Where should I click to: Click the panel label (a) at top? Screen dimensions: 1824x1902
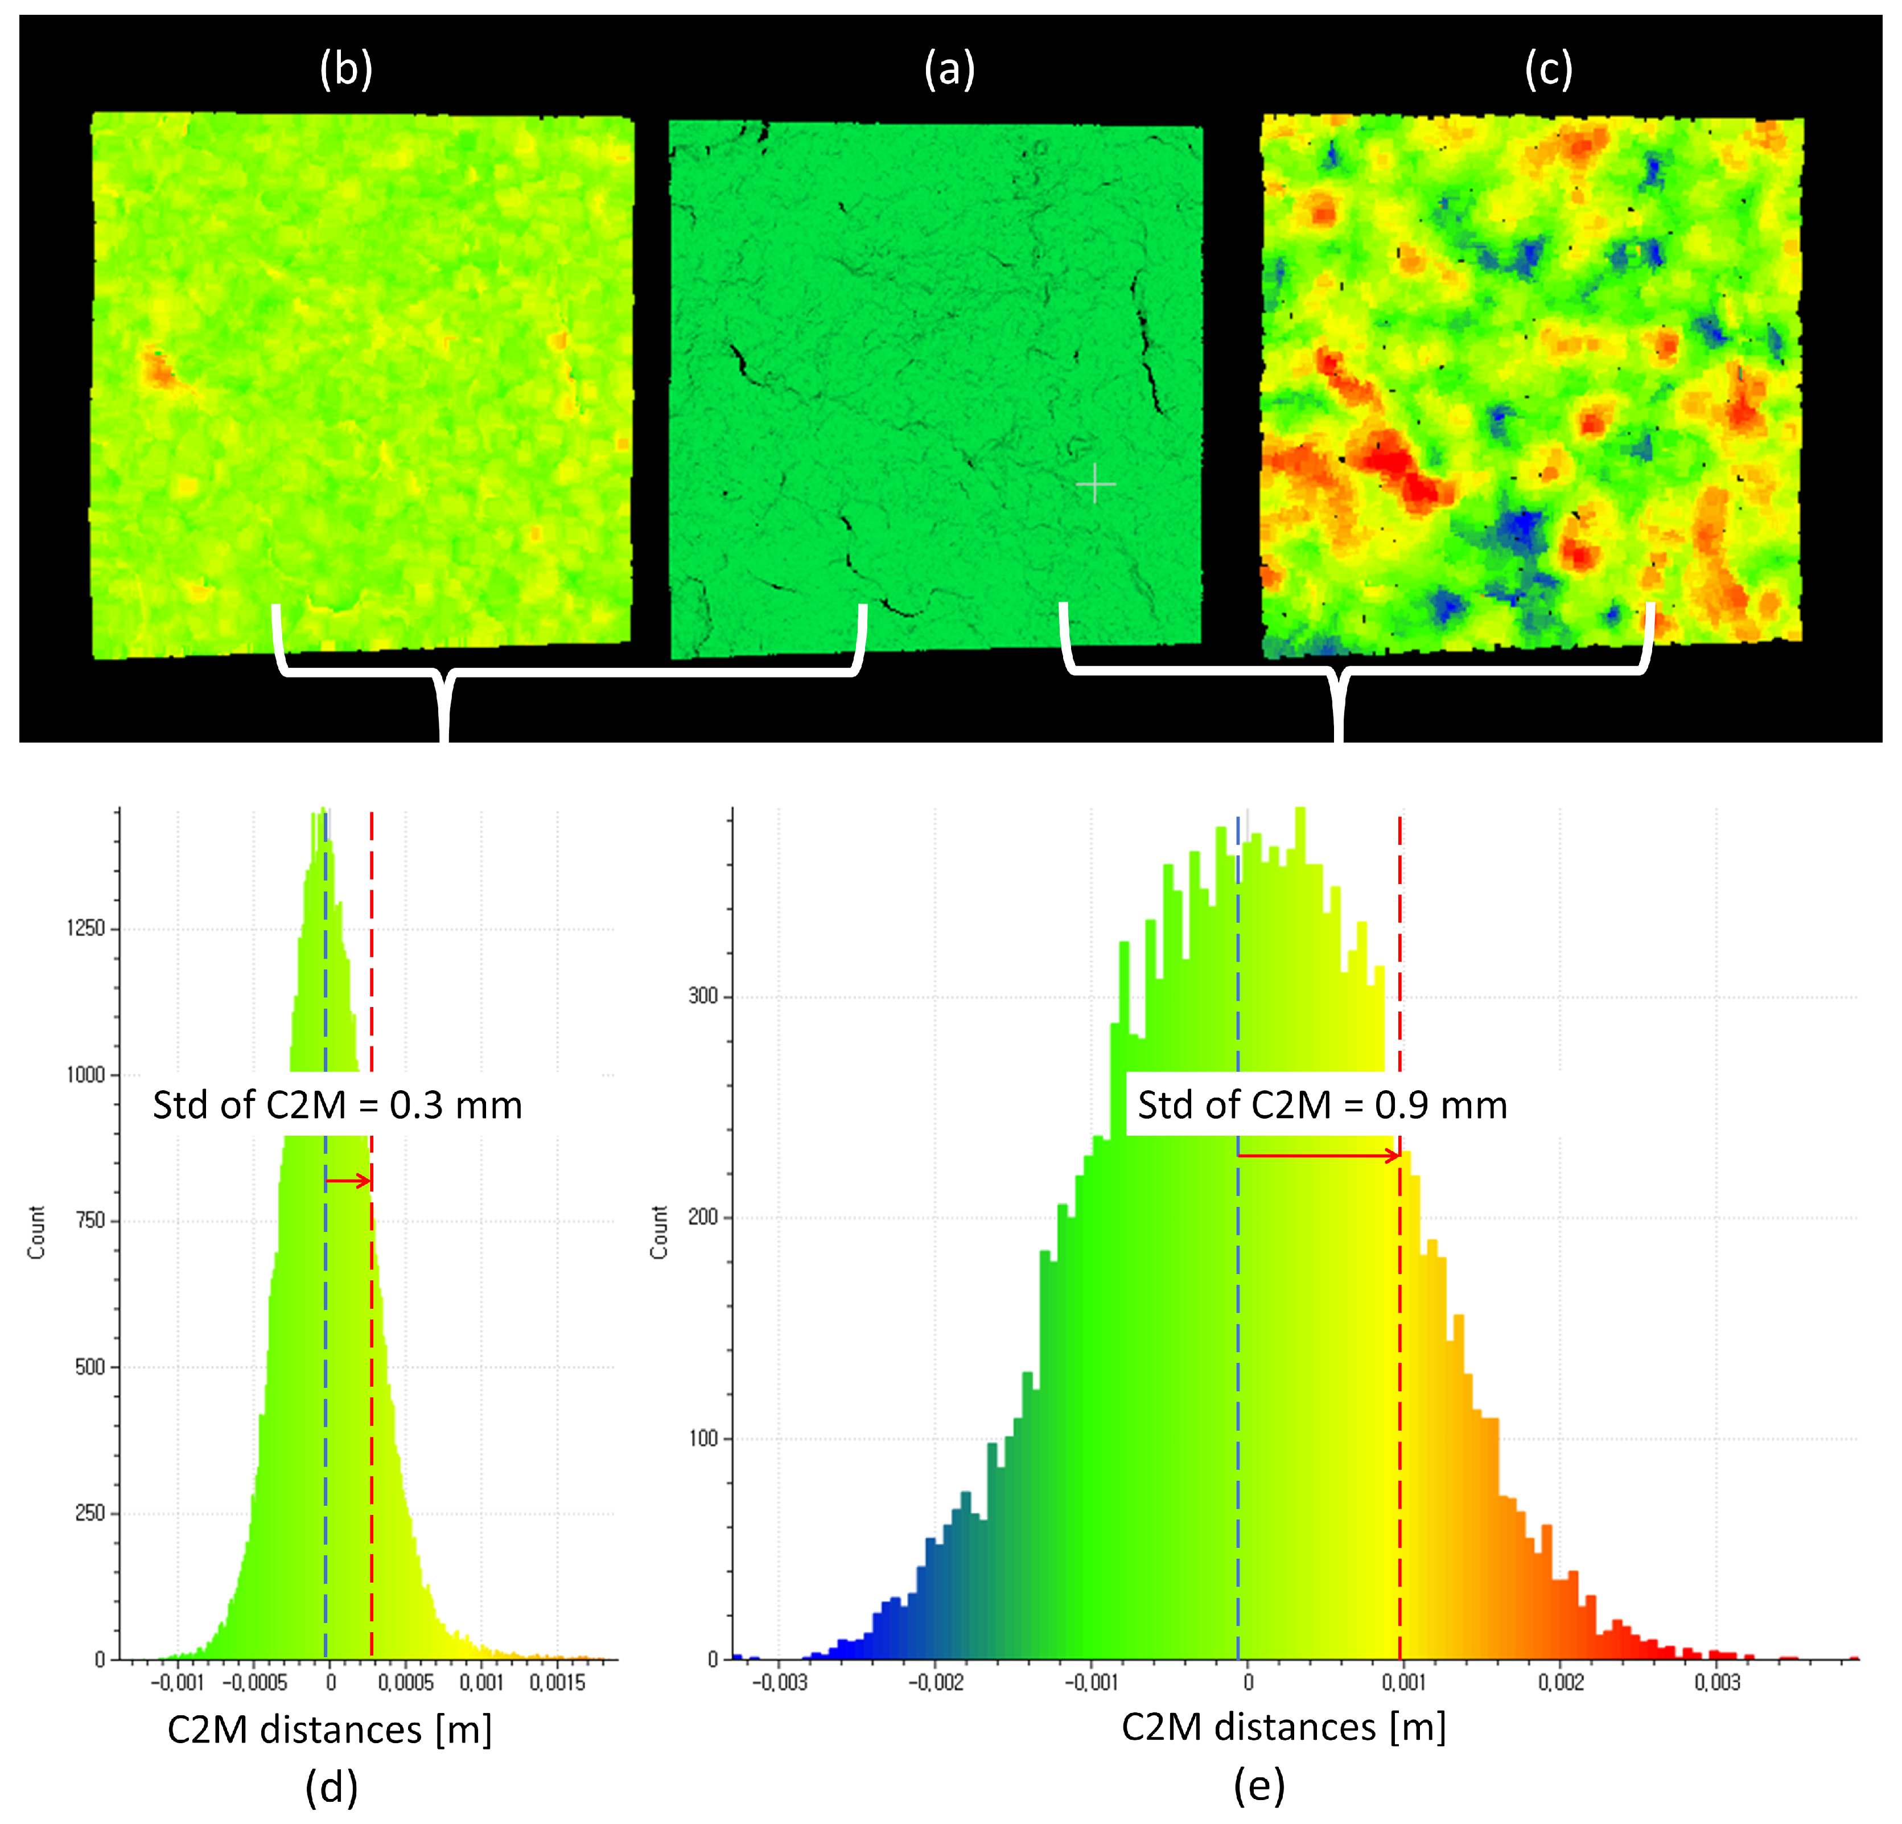tap(949, 70)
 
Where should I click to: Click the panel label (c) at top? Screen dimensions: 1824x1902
tap(1548, 70)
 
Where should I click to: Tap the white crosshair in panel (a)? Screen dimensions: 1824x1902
tap(1096, 483)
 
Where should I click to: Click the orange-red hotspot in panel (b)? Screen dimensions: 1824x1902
tap(157, 369)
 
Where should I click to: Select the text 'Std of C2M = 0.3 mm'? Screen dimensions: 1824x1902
tap(337, 1106)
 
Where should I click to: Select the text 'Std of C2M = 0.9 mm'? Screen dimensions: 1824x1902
tap(1321, 1106)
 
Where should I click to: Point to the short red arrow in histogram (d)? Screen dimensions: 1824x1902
tap(348, 1181)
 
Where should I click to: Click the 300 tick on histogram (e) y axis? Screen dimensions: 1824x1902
tap(702, 996)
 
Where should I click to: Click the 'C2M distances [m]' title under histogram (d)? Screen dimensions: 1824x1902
tap(330, 1730)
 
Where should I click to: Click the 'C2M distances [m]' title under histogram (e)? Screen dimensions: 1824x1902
tap(1283, 1727)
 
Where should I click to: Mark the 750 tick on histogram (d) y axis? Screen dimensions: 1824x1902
tap(90, 1220)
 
